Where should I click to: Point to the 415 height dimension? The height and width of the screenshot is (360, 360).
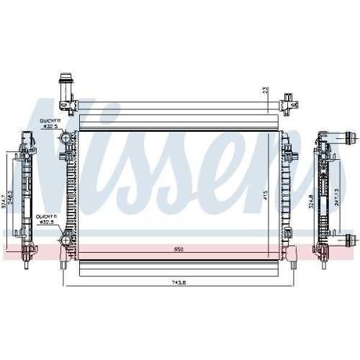(x=265, y=194)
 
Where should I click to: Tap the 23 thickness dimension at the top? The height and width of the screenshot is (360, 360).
(x=265, y=91)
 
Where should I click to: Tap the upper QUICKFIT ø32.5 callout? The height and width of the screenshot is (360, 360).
(x=50, y=123)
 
